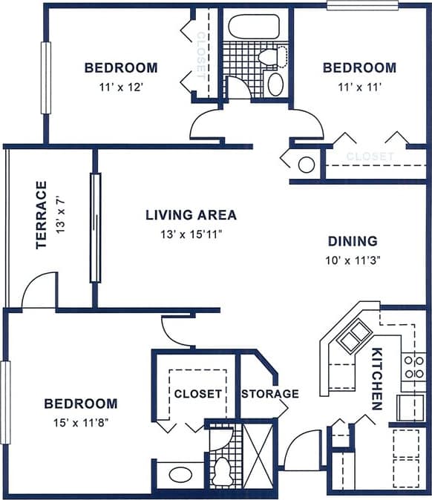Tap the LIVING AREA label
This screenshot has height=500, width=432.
pyautogui.click(x=191, y=215)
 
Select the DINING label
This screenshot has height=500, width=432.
pyautogui.click(x=353, y=241)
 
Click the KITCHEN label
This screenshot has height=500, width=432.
pyautogui.click(x=377, y=378)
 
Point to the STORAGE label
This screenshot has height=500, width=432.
pyautogui.click(x=269, y=394)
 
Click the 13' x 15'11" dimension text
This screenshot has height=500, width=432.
pyautogui.click(x=191, y=234)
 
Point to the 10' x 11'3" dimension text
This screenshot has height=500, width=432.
pyautogui.click(x=353, y=260)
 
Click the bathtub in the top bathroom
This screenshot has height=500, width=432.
pyautogui.click(x=253, y=27)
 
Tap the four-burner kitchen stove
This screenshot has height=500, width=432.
pyautogui.click(x=413, y=366)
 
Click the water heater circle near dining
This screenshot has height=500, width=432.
pyautogui.click(x=306, y=164)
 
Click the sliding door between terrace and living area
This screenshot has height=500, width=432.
pyautogui.click(x=95, y=227)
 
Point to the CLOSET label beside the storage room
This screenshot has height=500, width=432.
pyautogui.click(x=197, y=394)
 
